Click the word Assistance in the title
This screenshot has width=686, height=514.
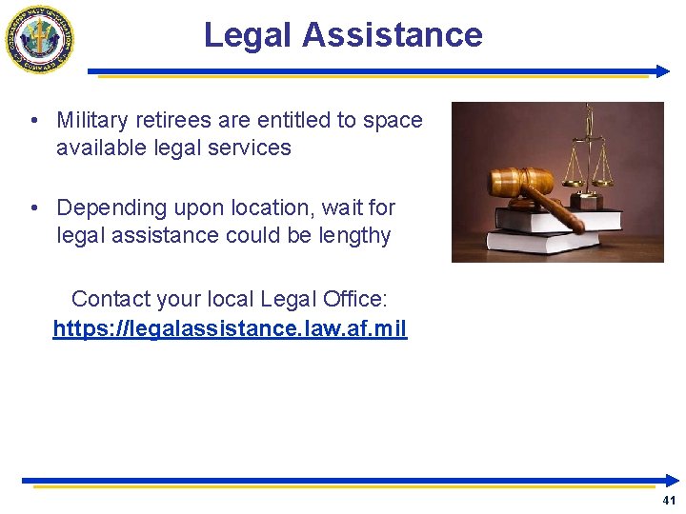click(x=393, y=35)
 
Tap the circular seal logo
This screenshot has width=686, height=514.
click(x=39, y=38)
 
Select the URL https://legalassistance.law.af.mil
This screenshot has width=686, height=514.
click(x=230, y=329)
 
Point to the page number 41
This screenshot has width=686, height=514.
click(x=669, y=501)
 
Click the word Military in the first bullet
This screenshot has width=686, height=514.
click(x=92, y=120)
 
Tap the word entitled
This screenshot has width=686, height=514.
click(x=291, y=120)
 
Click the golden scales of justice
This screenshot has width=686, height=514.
click(x=588, y=152)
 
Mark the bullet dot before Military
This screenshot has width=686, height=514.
click(x=33, y=121)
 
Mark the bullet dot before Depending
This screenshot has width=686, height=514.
click(x=33, y=208)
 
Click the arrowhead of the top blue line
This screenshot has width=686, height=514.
click(x=666, y=71)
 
